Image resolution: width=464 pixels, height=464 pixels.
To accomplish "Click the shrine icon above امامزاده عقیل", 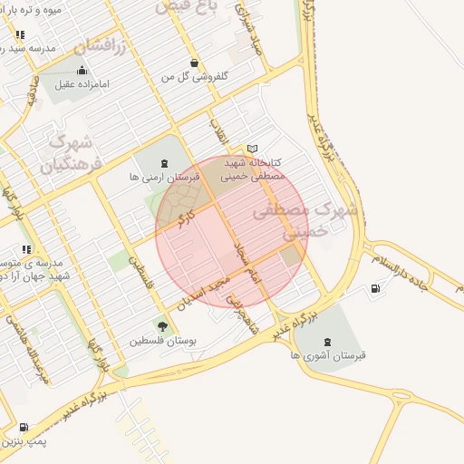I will pos(82,70).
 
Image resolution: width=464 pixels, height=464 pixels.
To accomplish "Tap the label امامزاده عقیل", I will pos(82,84).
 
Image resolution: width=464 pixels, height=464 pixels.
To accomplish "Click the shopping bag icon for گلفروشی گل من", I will pos(193,63).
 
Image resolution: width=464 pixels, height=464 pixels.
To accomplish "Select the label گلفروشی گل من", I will pos(192,78).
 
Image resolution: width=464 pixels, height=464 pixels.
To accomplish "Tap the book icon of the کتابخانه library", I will pos(253,149).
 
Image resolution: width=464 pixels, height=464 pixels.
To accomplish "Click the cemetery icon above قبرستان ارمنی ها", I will pos(163,163).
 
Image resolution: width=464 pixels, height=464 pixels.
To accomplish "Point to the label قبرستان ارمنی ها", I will pos(160,178).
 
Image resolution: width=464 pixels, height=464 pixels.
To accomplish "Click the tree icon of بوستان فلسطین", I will pos(162,326).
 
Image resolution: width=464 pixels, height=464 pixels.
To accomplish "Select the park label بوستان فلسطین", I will pos(162,342).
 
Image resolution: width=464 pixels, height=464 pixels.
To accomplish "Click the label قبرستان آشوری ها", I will pos(327,356).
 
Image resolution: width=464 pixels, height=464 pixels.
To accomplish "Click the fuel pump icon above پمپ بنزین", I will pos(23,427).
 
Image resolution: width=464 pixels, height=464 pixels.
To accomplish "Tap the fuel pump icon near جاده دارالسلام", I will pos(374,289).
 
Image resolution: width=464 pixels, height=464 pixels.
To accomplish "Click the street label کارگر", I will pos(188,219).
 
